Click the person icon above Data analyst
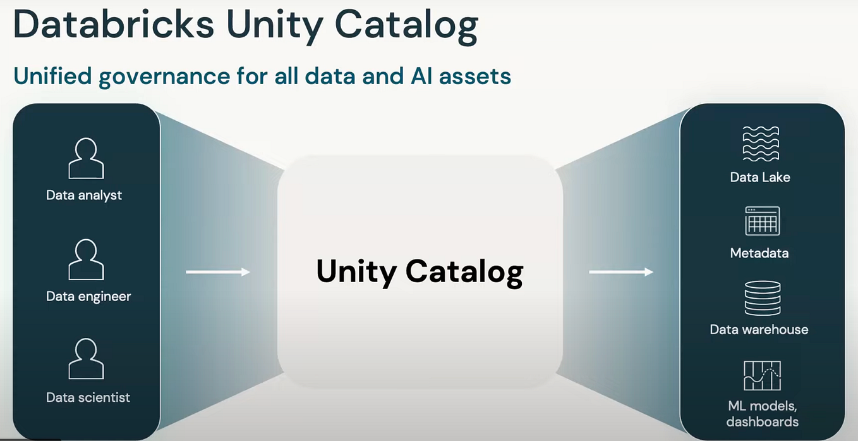click(86, 159)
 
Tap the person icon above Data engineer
click(86, 260)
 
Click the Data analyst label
click(84, 195)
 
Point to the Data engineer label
click(88, 296)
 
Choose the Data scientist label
click(88, 397)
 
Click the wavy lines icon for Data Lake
click(761, 144)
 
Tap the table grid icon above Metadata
click(762, 221)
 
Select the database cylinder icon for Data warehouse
click(762, 298)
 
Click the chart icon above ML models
click(762, 376)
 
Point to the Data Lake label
click(760, 177)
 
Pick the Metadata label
click(759, 253)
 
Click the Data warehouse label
click(759, 330)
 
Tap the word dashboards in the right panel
click(762, 421)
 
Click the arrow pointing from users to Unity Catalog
click(218, 272)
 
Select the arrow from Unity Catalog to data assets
click(621, 272)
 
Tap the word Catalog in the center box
click(464, 272)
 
